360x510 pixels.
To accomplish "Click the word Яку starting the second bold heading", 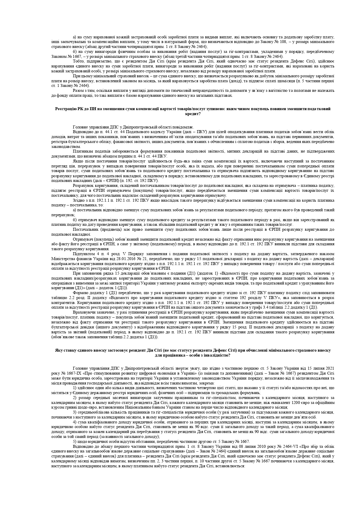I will pos(59,350).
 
